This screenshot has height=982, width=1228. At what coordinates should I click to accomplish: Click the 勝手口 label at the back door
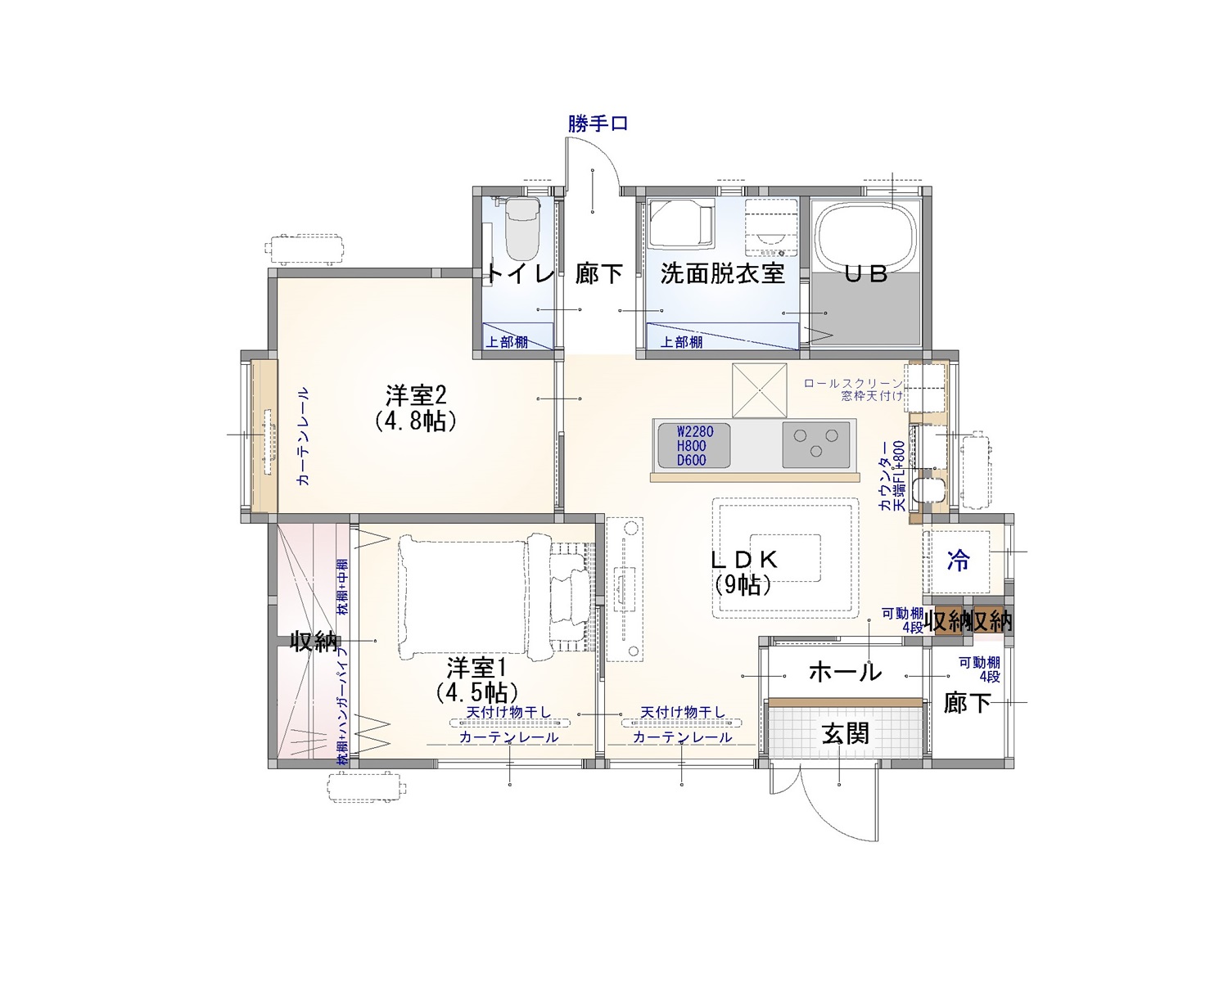598,124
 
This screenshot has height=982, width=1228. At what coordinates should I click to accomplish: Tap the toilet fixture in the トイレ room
522,228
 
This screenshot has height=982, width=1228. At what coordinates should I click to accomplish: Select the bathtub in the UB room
865,241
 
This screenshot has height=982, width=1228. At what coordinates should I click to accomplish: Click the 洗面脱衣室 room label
722,274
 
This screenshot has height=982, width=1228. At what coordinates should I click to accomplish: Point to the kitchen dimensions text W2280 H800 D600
693,446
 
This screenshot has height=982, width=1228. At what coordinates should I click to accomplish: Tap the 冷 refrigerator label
958,561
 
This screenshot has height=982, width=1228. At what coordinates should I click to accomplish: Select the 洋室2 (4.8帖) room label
416,408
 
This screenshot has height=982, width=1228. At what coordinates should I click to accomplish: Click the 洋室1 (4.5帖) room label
477,679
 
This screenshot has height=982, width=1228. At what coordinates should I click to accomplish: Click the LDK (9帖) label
743,572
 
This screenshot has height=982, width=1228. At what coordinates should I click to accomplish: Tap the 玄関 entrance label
845,734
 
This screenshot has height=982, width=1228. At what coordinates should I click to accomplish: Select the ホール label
845,672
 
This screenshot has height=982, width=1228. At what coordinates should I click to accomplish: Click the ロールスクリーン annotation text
853,384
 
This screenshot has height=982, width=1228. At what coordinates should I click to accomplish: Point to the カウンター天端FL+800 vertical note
892,475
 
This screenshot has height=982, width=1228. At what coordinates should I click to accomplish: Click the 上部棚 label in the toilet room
507,342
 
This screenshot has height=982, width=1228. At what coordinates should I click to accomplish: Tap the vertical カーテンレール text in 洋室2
303,436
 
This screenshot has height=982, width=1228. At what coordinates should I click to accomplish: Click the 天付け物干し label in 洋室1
508,712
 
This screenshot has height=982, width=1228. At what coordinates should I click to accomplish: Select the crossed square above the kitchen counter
760,390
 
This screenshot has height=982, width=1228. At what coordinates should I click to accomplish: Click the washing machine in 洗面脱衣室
771,227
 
